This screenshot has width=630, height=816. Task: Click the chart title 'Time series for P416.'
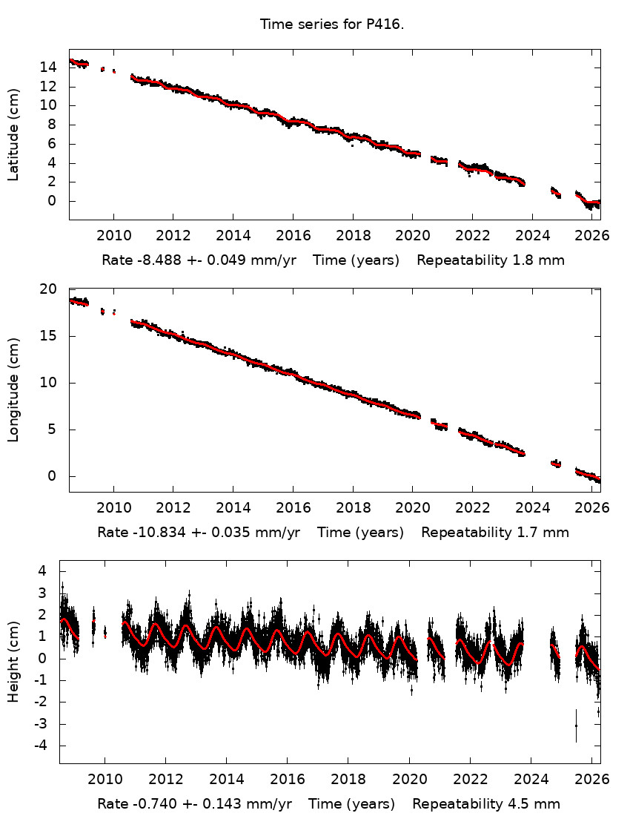coord(331,24)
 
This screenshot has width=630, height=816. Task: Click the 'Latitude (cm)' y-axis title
coord(13,134)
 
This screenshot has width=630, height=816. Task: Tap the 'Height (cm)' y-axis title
coord(13,661)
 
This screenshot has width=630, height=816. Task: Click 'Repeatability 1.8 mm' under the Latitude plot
coord(491,260)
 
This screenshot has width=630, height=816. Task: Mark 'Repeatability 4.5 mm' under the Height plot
coord(486,804)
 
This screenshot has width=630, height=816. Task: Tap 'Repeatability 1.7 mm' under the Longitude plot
coord(495,533)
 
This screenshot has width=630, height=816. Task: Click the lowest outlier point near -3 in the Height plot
coord(575,726)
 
